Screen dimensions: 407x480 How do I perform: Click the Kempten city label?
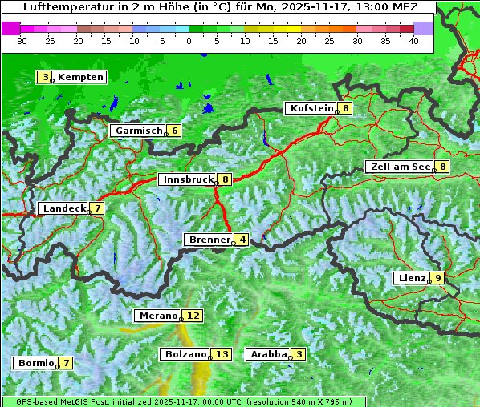81,77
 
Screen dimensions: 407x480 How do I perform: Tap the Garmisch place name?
139,131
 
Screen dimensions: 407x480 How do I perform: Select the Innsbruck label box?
188,179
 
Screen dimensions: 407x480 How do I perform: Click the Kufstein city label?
311,108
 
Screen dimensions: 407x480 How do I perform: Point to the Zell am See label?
399,167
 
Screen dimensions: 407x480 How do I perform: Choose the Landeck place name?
64,208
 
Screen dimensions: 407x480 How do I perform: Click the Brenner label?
209,240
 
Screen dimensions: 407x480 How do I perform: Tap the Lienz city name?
411,278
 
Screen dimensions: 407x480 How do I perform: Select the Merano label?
157,316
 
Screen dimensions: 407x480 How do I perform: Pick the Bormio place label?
35,363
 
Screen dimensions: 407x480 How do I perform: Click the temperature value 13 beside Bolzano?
222,354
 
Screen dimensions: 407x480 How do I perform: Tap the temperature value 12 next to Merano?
193,316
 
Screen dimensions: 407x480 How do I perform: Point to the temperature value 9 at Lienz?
437,278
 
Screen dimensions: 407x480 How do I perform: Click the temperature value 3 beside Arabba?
299,354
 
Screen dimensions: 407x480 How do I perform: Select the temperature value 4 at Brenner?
242,240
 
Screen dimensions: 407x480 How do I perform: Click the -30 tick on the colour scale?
22,40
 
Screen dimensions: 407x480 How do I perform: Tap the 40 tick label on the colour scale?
413,40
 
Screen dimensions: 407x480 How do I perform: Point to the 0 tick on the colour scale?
189,40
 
